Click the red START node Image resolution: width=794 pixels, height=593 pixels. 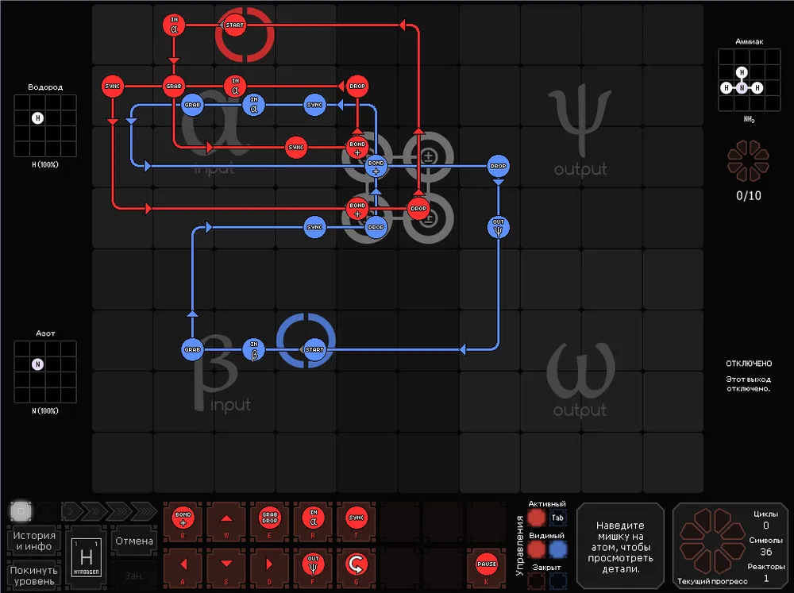click(234, 25)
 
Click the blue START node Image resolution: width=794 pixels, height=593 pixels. click(315, 349)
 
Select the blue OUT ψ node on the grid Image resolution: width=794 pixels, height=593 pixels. click(498, 227)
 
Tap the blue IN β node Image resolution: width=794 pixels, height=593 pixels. click(254, 349)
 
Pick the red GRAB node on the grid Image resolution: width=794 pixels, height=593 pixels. click(174, 86)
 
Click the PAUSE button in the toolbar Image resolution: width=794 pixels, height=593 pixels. click(486, 565)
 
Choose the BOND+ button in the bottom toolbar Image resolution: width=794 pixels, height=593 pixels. click(183, 520)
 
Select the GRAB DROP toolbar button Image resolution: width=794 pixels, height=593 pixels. click(270, 520)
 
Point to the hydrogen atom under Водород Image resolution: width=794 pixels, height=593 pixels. click(37, 118)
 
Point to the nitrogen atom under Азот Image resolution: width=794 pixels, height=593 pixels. click(37, 364)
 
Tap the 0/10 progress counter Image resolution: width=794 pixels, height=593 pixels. click(748, 195)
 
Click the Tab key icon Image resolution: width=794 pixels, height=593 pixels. click(558, 518)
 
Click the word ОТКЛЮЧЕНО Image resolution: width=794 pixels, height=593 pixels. click(749, 363)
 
